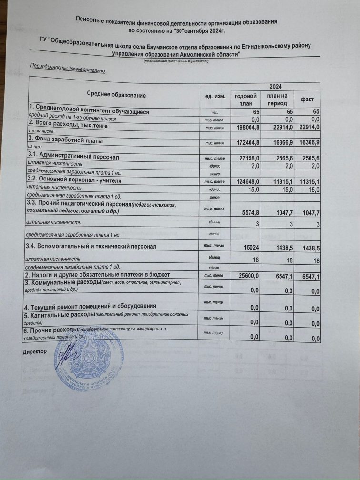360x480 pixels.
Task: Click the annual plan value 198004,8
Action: [x=247, y=127]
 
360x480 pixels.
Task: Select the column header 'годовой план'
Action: [x=246, y=100]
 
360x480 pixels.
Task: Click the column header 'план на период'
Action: [x=276, y=100]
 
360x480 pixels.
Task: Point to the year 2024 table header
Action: [x=276, y=87]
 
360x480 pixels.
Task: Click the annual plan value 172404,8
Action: [x=247, y=142]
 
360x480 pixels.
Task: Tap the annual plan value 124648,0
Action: [x=247, y=181]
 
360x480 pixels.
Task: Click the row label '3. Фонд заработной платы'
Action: [x=66, y=141]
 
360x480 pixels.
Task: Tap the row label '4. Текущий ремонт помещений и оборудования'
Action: [x=92, y=306]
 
